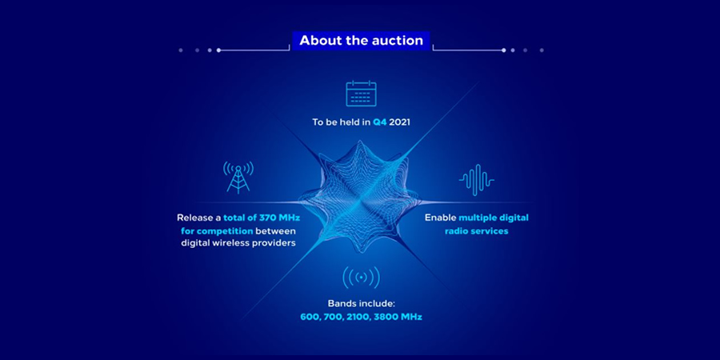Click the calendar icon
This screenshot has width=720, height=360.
[361, 94]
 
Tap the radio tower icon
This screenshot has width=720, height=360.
[238, 176]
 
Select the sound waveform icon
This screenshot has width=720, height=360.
[477, 180]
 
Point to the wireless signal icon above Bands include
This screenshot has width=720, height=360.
[362, 278]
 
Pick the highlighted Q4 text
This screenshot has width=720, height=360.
[379, 122]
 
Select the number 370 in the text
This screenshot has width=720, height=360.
[270, 218]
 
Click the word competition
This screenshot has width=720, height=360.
[225, 230]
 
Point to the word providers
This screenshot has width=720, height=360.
[274, 243]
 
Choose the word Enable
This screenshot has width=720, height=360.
[440, 218]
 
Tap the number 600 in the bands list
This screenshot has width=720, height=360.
[309, 318]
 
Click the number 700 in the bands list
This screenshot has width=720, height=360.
[330, 318]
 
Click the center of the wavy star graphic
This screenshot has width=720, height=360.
[359, 198]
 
